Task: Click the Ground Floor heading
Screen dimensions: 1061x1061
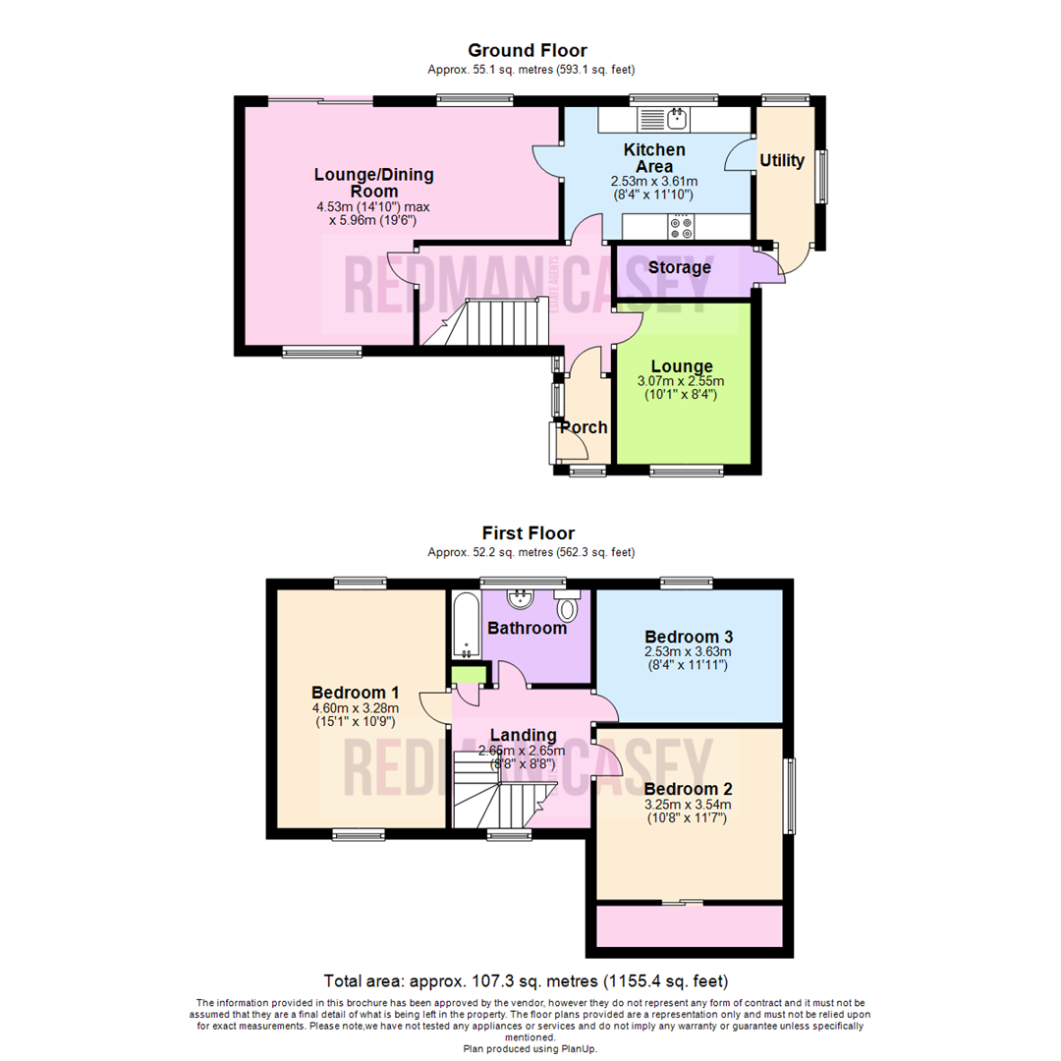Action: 527,50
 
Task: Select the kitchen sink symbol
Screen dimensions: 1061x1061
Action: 676,120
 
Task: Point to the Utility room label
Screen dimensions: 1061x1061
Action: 782,161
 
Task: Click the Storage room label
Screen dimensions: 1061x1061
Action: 679,267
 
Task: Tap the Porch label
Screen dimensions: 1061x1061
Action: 584,427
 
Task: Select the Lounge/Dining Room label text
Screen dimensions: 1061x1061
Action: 373,183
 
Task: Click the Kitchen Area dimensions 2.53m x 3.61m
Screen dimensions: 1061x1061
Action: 653,181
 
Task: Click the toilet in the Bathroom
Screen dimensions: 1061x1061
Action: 566,608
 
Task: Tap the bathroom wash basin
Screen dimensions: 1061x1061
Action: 519,599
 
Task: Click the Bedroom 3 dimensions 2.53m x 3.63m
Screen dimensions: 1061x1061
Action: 689,651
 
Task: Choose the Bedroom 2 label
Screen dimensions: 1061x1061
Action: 688,789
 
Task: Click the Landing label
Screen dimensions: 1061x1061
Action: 524,735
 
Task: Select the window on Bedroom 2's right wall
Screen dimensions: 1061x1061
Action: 788,794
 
